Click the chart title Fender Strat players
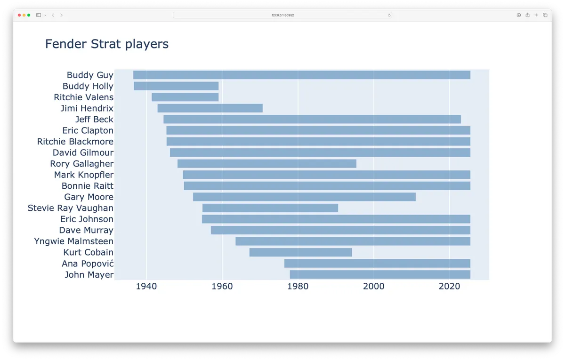click(x=107, y=44)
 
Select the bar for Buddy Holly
click(x=176, y=86)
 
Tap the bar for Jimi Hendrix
click(x=210, y=108)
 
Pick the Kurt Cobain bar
click(x=300, y=252)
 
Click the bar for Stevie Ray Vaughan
click(x=270, y=208)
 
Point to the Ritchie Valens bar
click(x=185, y=97)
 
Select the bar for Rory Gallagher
click(x=267, y=164)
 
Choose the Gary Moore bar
click(x=304, y=197)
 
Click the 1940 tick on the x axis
click(x=146, y=286)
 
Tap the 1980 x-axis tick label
click(x=298, y=286)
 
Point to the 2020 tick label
click(x=450, y=286)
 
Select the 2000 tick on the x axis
click(x=374, y=286)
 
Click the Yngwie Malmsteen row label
click(x=74, y=241)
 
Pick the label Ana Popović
click(x=88, y=264)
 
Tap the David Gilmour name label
click(x=83, y=152)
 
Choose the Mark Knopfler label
click(x=84, y=175)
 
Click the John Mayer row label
click(x=89, y=275)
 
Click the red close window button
click(x=19, y=15)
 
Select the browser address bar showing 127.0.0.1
click(x=282, y=15)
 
